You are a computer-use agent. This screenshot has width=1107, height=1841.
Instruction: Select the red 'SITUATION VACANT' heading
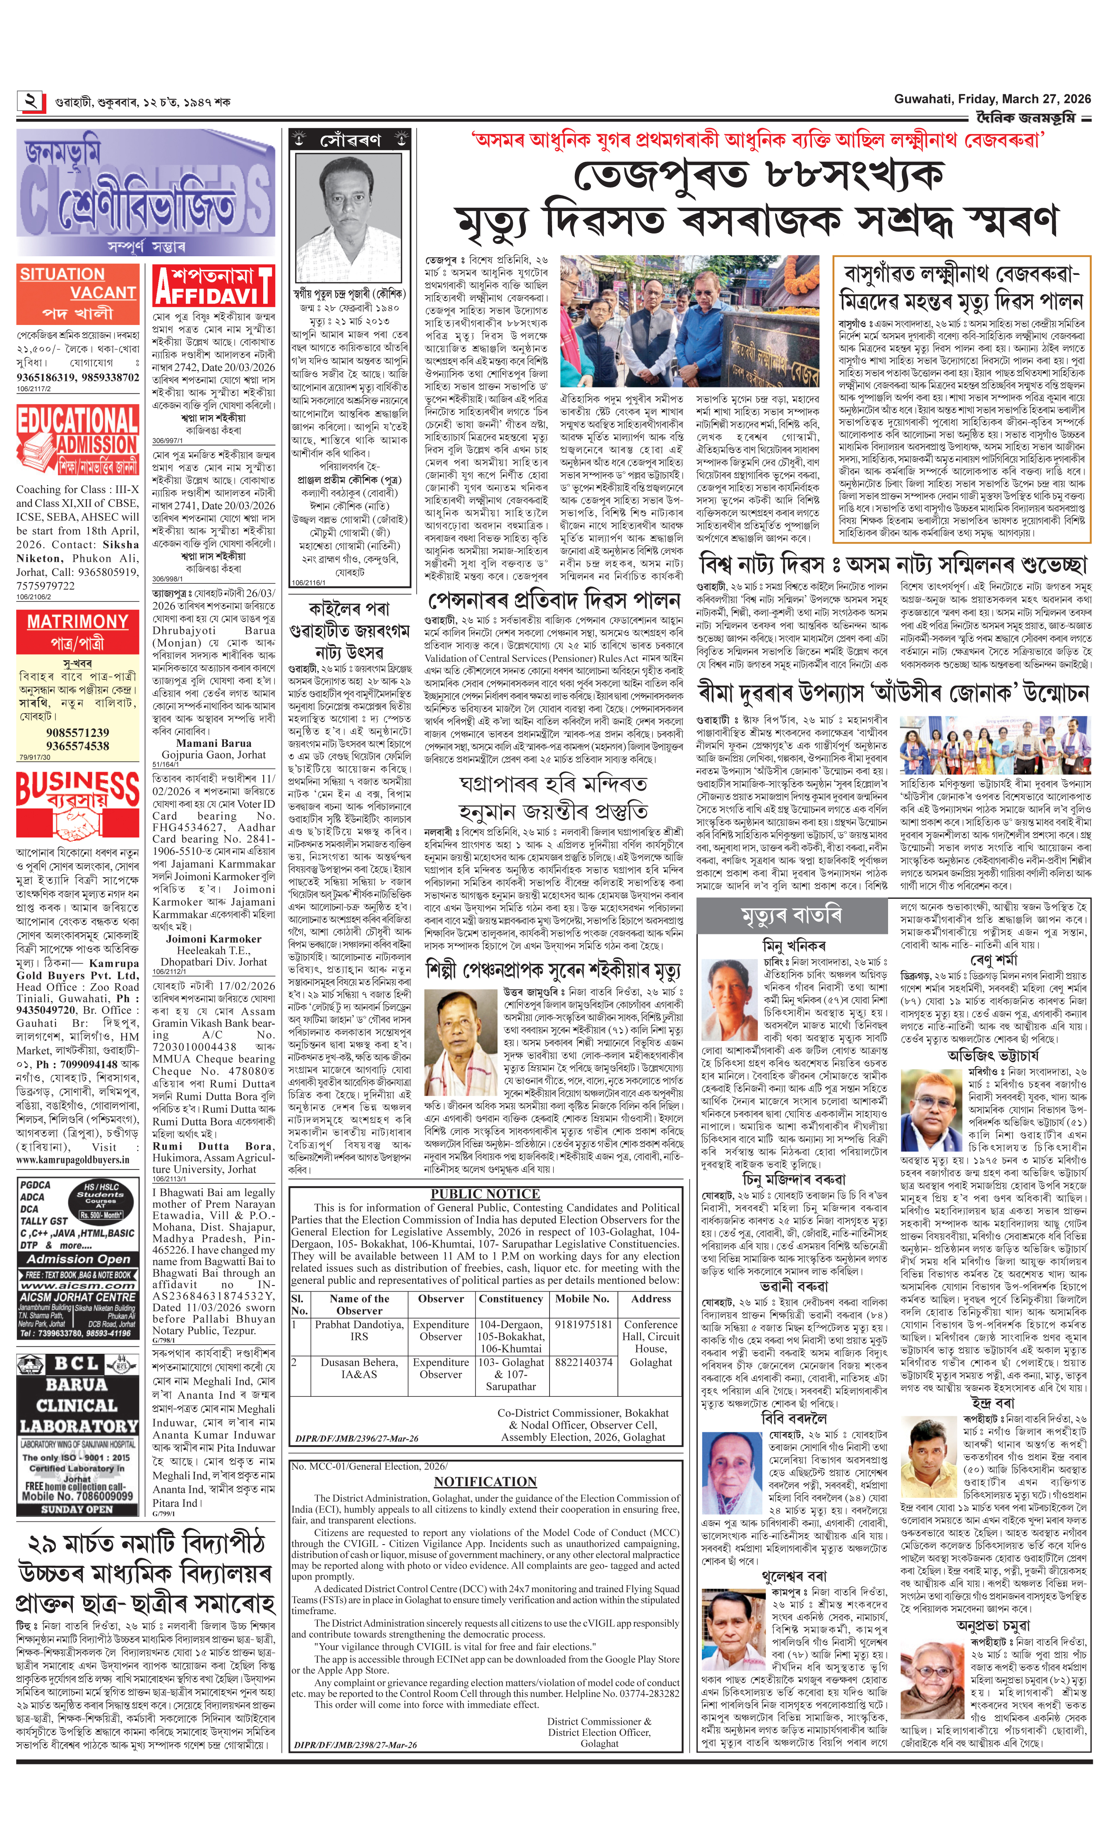pos(77,284)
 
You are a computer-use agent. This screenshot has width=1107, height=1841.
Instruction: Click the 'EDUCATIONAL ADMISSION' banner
pos(77,440)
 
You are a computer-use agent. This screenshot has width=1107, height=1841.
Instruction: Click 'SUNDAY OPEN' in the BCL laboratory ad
pos(77,1509)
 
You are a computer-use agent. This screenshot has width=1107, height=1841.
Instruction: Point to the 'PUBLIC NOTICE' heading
pos(485,1194)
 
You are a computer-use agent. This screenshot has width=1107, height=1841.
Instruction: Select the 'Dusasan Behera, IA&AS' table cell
pos(359,1368)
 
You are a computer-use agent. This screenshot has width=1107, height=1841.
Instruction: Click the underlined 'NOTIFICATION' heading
pos(485,1481)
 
